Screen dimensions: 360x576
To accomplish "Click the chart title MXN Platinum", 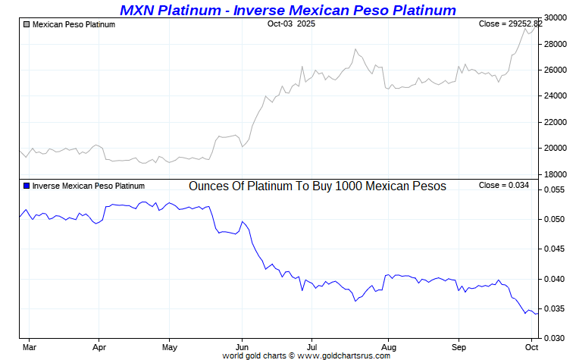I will click(288, 10).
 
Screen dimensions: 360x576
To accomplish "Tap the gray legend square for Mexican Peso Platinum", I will click(27, 25).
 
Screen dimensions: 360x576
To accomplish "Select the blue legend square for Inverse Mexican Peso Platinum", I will click(27, 186).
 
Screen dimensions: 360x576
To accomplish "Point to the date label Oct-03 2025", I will click(291, 24).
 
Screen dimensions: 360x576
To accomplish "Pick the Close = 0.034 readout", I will click(504, 186).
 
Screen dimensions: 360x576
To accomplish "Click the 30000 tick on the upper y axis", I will click(556, 18).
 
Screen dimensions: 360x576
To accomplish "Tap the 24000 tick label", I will click(556, 96).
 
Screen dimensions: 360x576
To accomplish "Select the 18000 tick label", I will click(556, 174).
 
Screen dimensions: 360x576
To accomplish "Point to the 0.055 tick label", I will click(556, 189).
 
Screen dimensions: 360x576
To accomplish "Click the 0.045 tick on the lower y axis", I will click(556, 249).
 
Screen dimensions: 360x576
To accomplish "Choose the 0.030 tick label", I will click(556, 338).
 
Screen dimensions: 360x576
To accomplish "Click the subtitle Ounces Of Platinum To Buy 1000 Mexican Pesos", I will click(317, 186).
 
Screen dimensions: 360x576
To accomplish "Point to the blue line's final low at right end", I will click(537, 313).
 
